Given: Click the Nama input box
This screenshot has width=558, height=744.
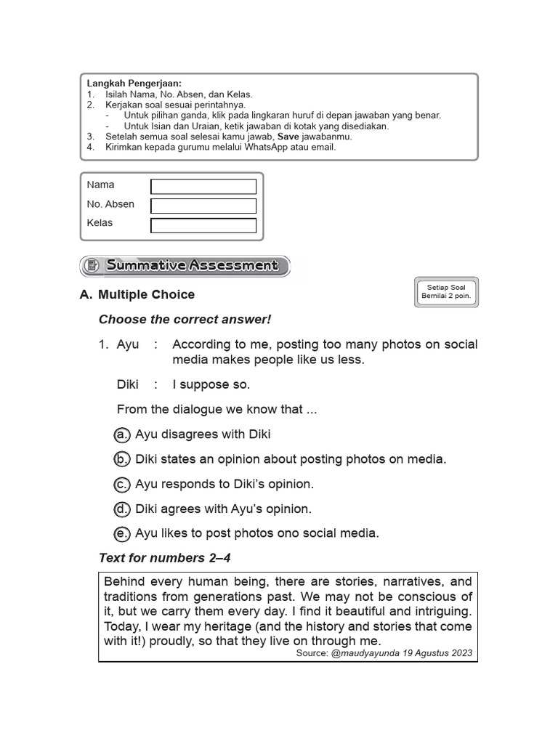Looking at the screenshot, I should (x=203, y=187).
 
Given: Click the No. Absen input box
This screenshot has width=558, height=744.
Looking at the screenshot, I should (x=203, y=206).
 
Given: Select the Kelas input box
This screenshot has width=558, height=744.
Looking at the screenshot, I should (x=203, y=225).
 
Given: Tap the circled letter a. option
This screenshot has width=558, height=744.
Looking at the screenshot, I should (x=122, y=434).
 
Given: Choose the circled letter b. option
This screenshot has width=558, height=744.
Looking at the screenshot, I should (x=122, y=459).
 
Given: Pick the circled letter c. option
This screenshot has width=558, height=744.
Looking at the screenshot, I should (x=122, y=484).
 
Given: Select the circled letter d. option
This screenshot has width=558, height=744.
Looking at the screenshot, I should (x=122, y=509).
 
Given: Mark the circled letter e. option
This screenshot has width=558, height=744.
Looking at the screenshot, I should (x=122, y=533).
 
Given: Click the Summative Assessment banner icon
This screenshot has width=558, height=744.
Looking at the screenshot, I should (x=92, y=266).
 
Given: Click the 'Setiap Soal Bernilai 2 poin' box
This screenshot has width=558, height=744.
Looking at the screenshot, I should (x=447, y=292).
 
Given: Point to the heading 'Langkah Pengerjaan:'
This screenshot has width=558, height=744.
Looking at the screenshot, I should (x=134, y=84).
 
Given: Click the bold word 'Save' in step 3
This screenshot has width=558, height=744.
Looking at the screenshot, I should (x=289, y=137).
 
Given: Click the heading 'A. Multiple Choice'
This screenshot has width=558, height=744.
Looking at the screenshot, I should (x=137, y=294).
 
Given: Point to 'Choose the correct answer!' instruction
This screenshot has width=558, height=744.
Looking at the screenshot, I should (x=185, y=320).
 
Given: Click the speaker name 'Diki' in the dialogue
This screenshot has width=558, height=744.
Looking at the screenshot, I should (x=128, y=384).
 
